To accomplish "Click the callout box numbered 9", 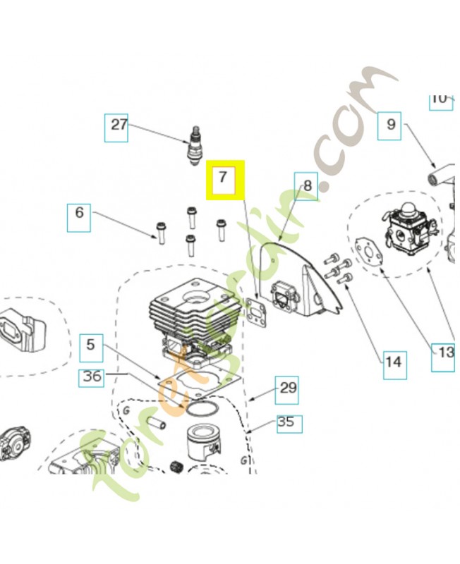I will pyautogui.click(x=391, y=126).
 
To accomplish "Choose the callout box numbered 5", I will pyautogui.click(x=91, y=346).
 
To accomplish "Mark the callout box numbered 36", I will pyautogui.click(x=92, y=376).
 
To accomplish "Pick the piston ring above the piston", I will pyautogui.click(x=204, y=410).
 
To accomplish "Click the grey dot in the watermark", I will pyautogui.click(x=324, y=188).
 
